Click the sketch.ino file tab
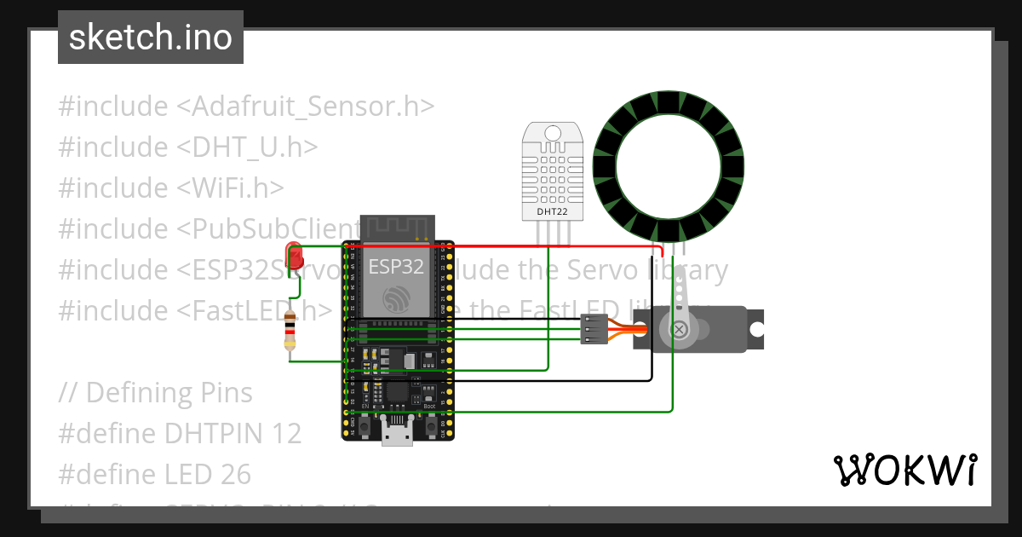point(150,38)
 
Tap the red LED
point(295,257)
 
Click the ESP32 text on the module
point(396,266)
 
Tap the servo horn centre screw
point(679,329)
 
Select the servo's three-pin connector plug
point(594,329)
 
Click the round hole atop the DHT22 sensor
point(552,133)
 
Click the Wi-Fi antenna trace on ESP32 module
point(398,228)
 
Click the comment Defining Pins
point(156,392)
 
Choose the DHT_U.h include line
point(188,147)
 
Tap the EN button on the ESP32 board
point(364,424)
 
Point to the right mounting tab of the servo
point(755,328)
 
